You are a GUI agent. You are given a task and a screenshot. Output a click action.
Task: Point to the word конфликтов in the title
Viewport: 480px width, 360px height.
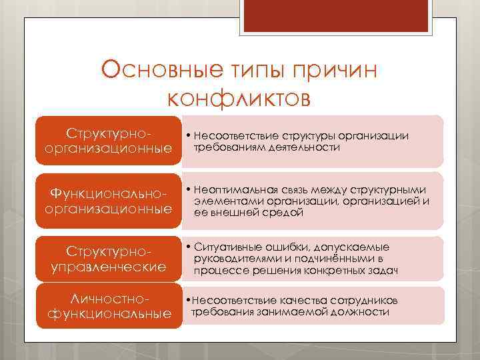click(x=239, y=98)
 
